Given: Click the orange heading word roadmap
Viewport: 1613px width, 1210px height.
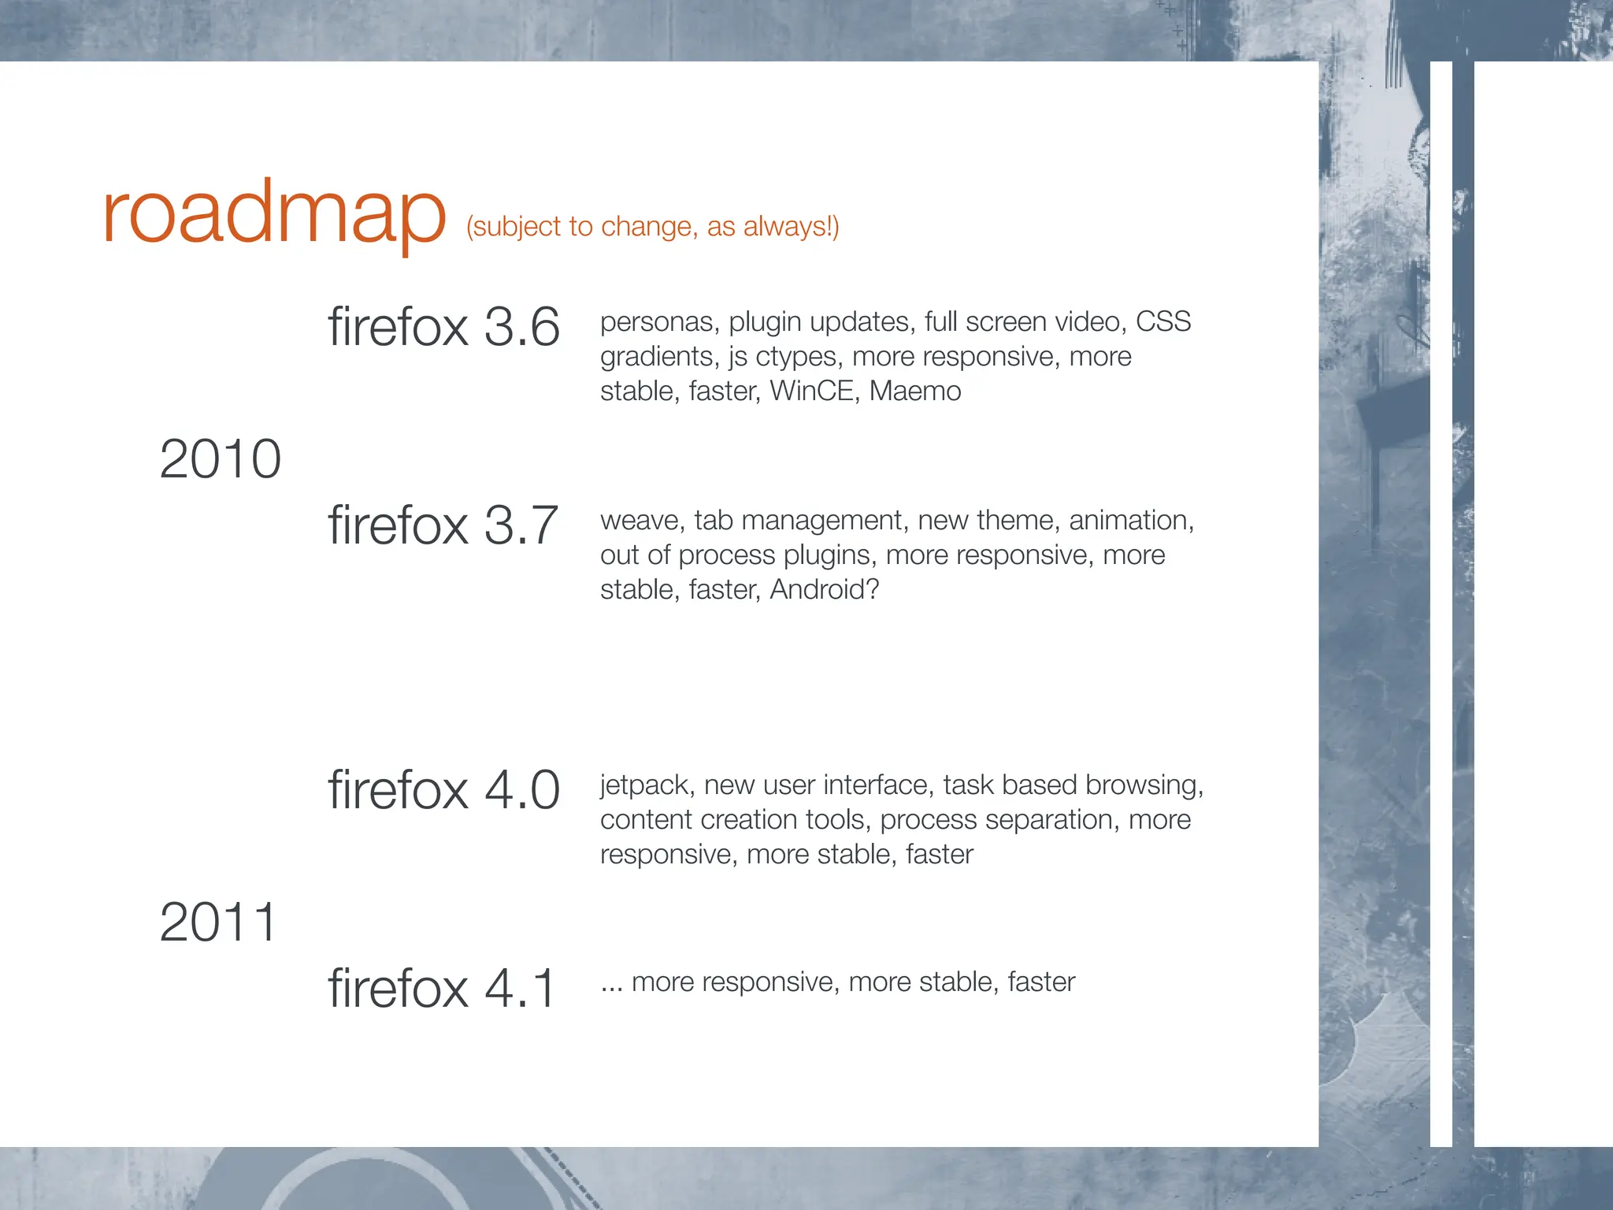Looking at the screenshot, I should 273,214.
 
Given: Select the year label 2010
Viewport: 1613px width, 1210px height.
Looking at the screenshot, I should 220,459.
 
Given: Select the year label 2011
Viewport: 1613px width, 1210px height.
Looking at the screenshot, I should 218,922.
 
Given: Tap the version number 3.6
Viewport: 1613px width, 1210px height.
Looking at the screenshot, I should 521,327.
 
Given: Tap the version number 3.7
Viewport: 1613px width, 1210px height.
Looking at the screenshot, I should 521,525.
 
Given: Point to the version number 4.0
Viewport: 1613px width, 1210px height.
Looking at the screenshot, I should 521,790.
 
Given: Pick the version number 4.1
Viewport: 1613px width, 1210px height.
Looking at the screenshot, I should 520,989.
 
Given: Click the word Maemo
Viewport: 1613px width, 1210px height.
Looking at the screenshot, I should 914,392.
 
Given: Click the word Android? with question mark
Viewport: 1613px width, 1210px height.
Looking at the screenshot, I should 824,590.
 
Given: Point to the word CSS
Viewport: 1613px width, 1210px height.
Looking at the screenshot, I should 1162,322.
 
